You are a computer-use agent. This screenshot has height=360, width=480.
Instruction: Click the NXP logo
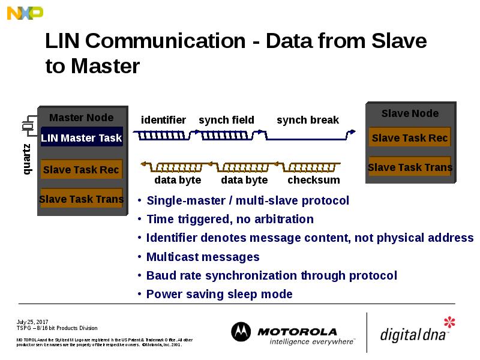25,12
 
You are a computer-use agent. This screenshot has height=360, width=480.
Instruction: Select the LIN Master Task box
82,138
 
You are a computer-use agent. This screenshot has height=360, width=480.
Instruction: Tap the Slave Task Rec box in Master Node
82,170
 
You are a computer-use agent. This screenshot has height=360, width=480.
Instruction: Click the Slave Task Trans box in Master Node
82,199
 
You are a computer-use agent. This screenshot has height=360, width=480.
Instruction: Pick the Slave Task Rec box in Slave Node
410,138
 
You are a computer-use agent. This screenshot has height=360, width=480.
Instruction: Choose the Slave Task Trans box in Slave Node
410,167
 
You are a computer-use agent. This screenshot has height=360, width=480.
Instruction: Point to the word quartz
27,159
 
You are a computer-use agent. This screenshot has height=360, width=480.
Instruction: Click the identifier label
163,120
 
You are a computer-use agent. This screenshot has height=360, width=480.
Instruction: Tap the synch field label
226,120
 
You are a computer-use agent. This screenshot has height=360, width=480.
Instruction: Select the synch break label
308,120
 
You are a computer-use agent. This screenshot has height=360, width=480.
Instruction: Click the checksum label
314,180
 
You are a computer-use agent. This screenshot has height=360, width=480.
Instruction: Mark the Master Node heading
81,118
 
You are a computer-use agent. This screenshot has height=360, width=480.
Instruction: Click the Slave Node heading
410,113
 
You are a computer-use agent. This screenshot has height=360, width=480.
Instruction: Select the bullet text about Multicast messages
203,257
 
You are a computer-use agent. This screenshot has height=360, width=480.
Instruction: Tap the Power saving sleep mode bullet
219,294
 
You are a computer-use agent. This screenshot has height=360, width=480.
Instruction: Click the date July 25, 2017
32,322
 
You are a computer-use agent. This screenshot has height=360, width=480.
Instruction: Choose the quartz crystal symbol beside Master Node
27,127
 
